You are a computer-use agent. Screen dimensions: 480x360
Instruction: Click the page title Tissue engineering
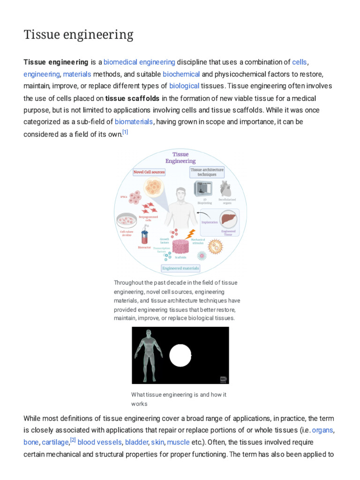click(78, 35)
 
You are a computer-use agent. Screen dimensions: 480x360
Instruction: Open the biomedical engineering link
click(139, 62)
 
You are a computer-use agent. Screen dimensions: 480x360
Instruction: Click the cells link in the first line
click(300, 62)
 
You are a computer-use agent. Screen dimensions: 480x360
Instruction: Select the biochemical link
click(181, 74)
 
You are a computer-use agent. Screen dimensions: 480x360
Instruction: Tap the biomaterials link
click(134, 121)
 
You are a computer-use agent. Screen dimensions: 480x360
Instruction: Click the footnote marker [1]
click(125, 133)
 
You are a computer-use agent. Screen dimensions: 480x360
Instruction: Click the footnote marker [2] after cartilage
click(73, 440)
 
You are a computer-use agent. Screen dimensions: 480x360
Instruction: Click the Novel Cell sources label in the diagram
click(149, 172)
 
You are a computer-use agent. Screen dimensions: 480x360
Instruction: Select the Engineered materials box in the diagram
click(180, 269)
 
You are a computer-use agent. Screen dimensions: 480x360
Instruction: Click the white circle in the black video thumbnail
click(180, 355)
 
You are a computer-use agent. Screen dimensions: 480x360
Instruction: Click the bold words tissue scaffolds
click(132, 98)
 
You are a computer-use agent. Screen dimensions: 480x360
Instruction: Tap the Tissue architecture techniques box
click(207, 172)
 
